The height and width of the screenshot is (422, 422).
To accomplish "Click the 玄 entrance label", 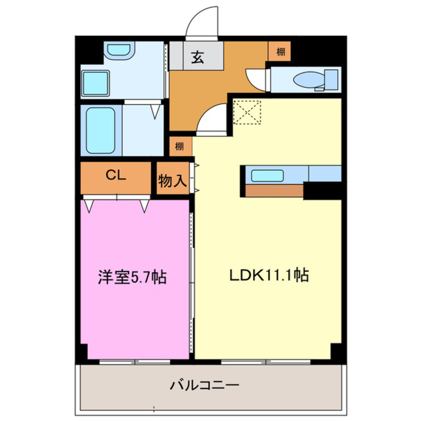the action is point(197,57).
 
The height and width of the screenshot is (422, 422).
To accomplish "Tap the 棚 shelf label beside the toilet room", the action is point(281,51).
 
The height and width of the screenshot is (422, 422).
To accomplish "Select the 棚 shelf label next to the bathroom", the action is point(179,146).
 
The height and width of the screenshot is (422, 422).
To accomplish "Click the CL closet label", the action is point(116,175).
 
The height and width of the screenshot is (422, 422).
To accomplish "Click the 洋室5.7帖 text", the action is point(132,277).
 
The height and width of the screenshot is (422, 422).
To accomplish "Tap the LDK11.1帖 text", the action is point(269,275).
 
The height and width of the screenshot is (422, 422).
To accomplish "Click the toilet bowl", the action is point(309,80).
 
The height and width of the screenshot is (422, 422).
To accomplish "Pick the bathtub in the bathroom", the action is point(101,130).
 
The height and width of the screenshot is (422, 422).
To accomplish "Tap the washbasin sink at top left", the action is point(119,50).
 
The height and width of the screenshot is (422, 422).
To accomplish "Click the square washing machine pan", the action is point(95,83).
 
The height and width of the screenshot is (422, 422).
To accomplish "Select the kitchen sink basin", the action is point(267,176).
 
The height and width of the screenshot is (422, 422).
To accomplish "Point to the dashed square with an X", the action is point(247,113).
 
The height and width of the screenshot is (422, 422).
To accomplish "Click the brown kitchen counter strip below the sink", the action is point(275,191).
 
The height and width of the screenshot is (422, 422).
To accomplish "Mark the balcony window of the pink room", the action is point(135,362).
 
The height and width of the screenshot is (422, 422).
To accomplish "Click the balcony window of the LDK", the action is point(265,362).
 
